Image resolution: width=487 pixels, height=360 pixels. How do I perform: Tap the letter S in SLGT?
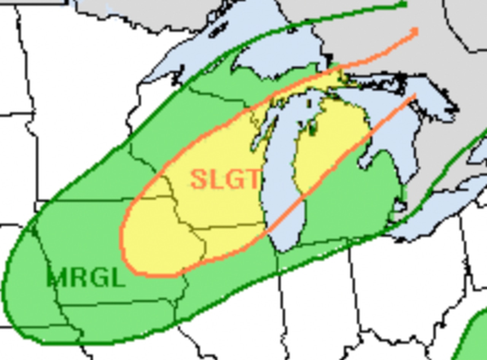coord(198,179)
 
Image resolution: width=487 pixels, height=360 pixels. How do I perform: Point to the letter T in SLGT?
coord(252,179)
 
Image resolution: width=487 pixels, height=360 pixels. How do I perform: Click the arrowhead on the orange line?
coord(414,32)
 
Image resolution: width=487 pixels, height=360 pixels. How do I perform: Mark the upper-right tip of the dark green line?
coord(405,4)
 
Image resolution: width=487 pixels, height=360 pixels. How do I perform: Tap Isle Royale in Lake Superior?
coord(218,29)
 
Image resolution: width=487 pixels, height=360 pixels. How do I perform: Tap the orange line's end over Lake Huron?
coord(414,96)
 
